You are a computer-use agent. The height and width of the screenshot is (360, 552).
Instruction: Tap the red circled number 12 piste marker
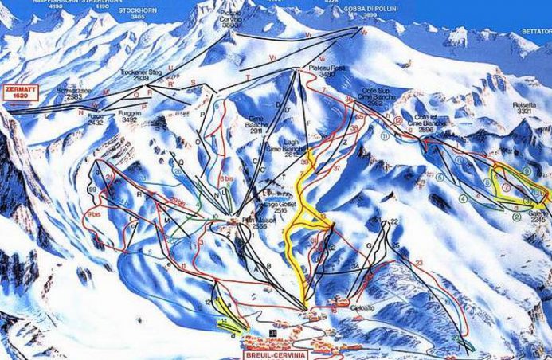397,121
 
